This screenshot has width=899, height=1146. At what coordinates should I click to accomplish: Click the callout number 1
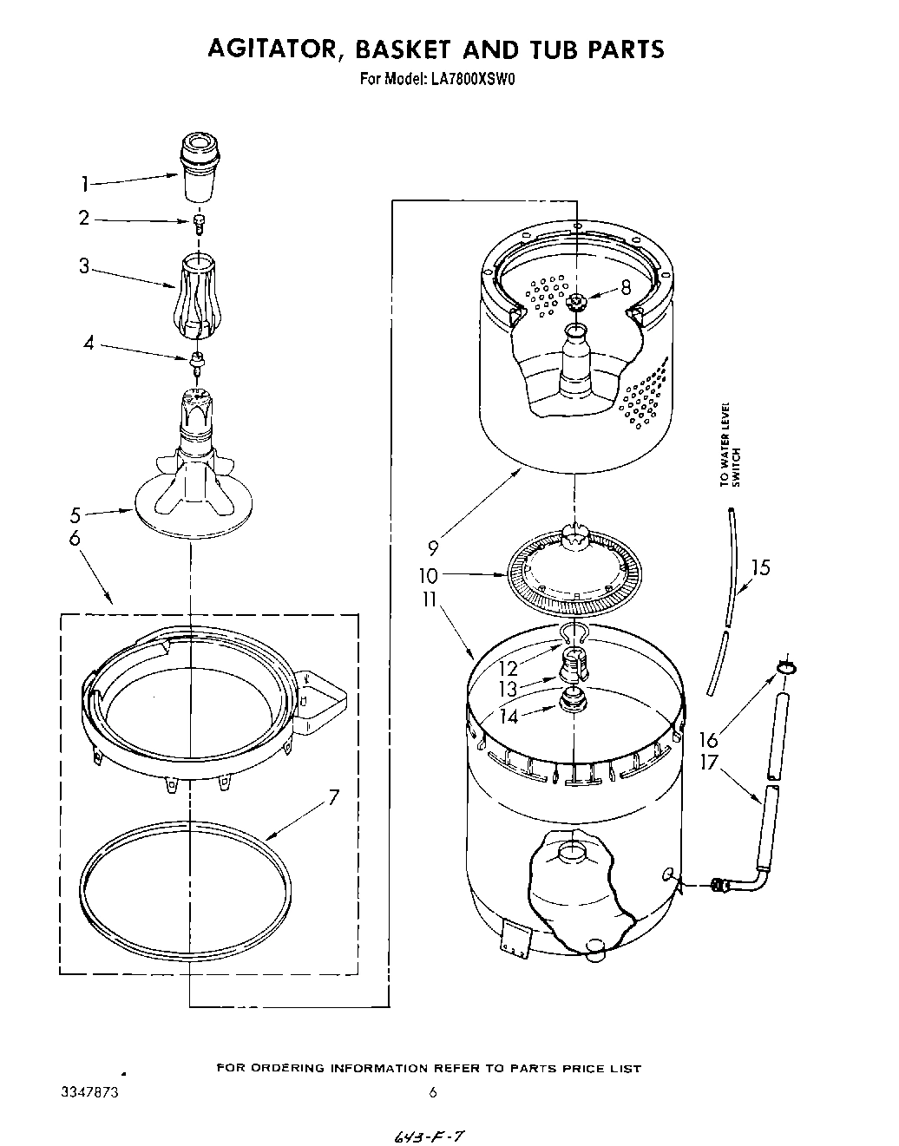(x=85, y=183)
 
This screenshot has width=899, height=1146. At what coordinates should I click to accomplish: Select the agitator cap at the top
(x=199, y=155)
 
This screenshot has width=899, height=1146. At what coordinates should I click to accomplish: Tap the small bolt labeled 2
(x=199, y=224)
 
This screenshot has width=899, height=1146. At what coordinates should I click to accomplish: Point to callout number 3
(x=84, y=266)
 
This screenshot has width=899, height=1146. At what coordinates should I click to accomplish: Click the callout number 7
(x=333, y=799)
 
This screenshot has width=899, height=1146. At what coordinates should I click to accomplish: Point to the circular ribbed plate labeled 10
(x=574, y=580)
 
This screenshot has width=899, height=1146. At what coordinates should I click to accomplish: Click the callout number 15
(x=760, y=568)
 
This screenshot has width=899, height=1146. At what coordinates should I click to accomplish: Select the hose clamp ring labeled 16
(x=786, y=666)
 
